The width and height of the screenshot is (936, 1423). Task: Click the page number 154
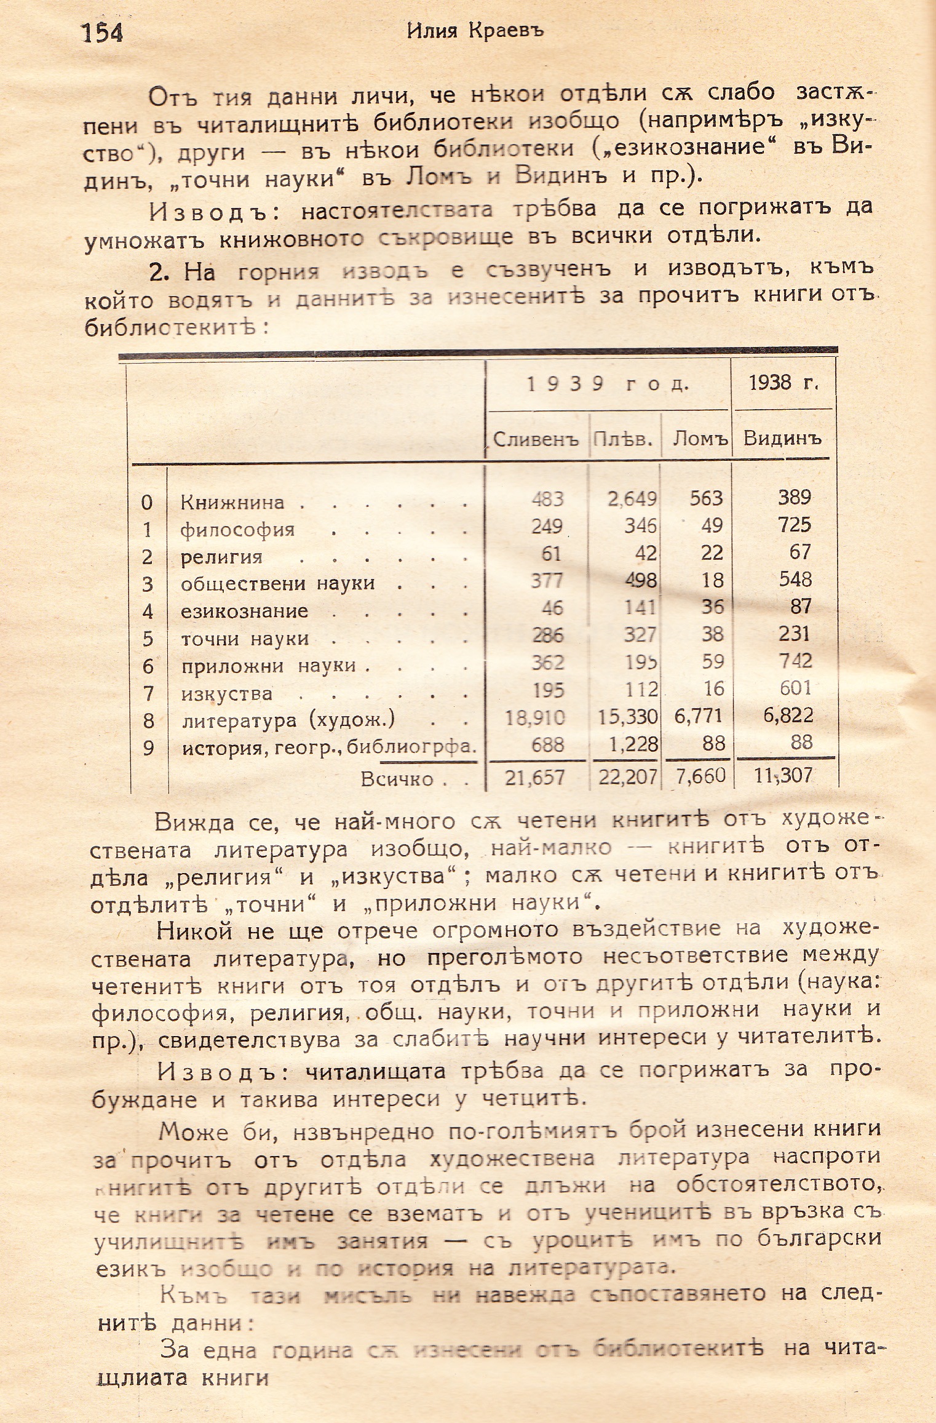(x=103, y=33)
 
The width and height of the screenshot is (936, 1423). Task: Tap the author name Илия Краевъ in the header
(x=475, y=31)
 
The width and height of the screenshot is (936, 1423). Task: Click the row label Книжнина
(x=232, y=503)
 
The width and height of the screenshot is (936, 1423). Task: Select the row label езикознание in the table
(x=244, y=612)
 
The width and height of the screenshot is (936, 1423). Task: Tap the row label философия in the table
(x=237, y=530)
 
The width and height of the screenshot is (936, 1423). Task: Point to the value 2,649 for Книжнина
(x=632, y=499)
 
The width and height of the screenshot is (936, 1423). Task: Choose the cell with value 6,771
(x=699, y=716)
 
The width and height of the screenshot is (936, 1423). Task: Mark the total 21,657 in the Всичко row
(x=534, y=778)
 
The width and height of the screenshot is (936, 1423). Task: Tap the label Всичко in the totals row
(x=397, y=779)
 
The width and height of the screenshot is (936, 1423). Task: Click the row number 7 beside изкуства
(x=147, y=694)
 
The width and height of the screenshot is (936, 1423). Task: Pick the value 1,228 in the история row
(x=633, y=744)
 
